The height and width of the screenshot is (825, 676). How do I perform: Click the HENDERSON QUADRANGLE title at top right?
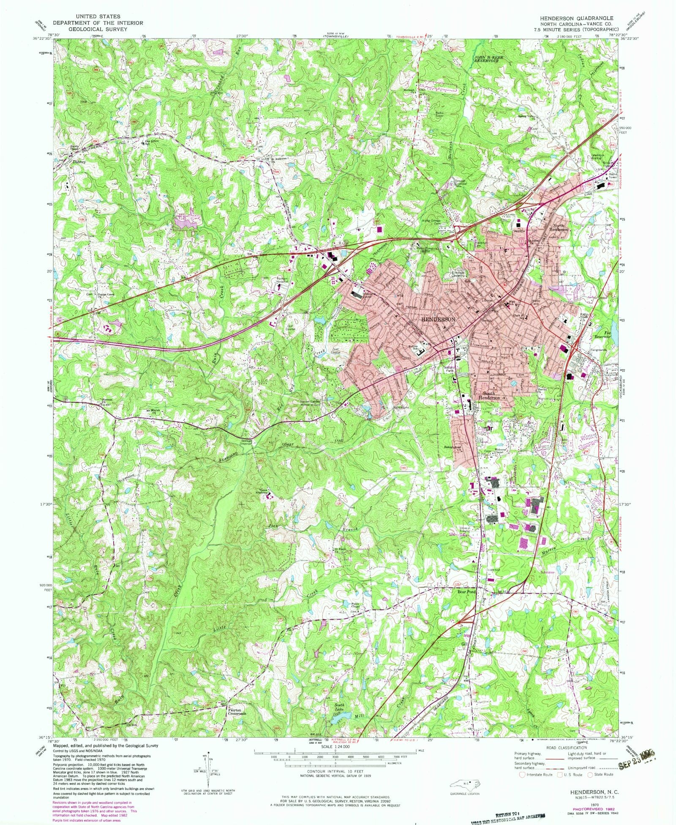tap(575, 18)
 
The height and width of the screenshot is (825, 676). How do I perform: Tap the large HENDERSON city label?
tap(439, 319)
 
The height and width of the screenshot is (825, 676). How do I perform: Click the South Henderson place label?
tap(491, 395)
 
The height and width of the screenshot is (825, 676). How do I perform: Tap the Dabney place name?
tap(79, 162)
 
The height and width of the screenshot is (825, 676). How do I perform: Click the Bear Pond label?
tap(466, 592)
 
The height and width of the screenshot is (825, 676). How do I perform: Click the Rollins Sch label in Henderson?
tap(414, 347)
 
